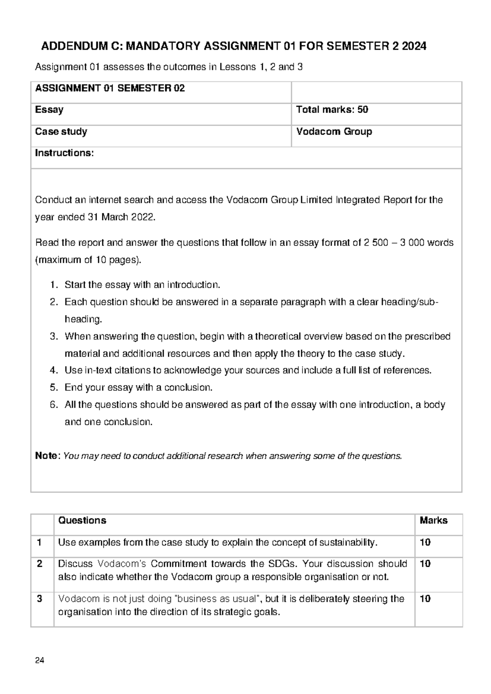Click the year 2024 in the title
(x=414, y=47)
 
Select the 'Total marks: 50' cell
(x=332, y=110)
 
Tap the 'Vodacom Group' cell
(x=334, y=132)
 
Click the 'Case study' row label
(x=61, y=132)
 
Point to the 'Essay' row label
(x=49, y=110)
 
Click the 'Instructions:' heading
(x=64, y=153)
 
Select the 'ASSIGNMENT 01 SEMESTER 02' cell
(x=110, y=88)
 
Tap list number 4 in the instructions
(x=54, y=371)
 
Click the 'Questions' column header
(x=82, y=520)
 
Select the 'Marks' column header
(x=433, y=520)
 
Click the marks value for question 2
(x=425, y=564)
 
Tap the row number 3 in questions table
(x=39, y=599)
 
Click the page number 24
(x=40, y=660)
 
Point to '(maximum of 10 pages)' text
(x=88, y=260)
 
